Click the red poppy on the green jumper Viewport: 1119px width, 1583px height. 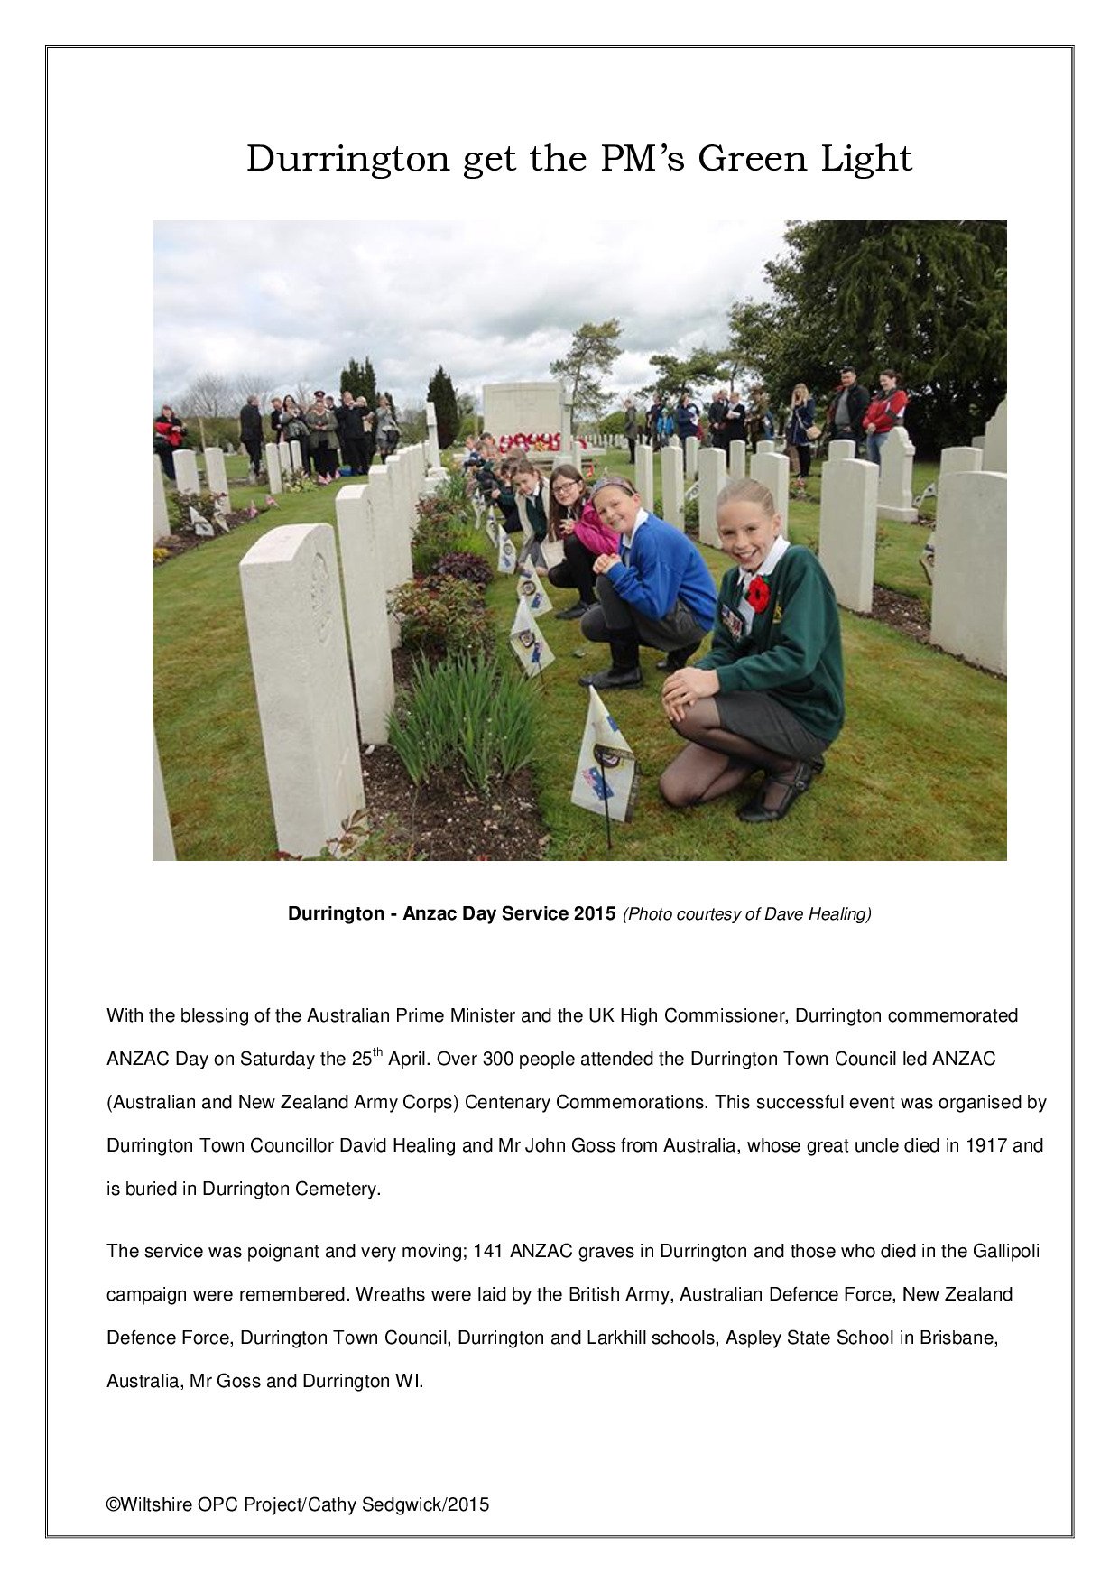[x=759, y=592]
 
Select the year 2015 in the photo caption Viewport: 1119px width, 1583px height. [x=594, y=913]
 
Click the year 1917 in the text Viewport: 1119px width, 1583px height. [x=986, y=1145]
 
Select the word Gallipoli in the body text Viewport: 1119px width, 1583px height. [x=1006, y=1251]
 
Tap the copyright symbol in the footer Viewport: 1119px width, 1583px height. [x=113, y=1504]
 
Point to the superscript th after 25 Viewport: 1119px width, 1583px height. [x=378, y=1052]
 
